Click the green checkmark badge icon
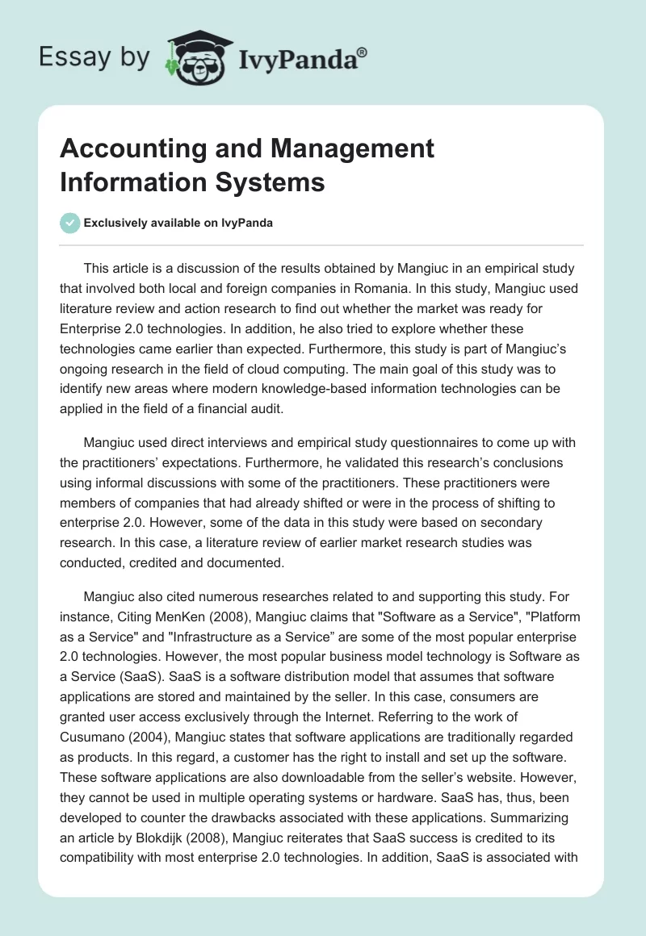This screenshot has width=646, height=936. point(69,223)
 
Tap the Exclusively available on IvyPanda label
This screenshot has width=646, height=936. point(178,224)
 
